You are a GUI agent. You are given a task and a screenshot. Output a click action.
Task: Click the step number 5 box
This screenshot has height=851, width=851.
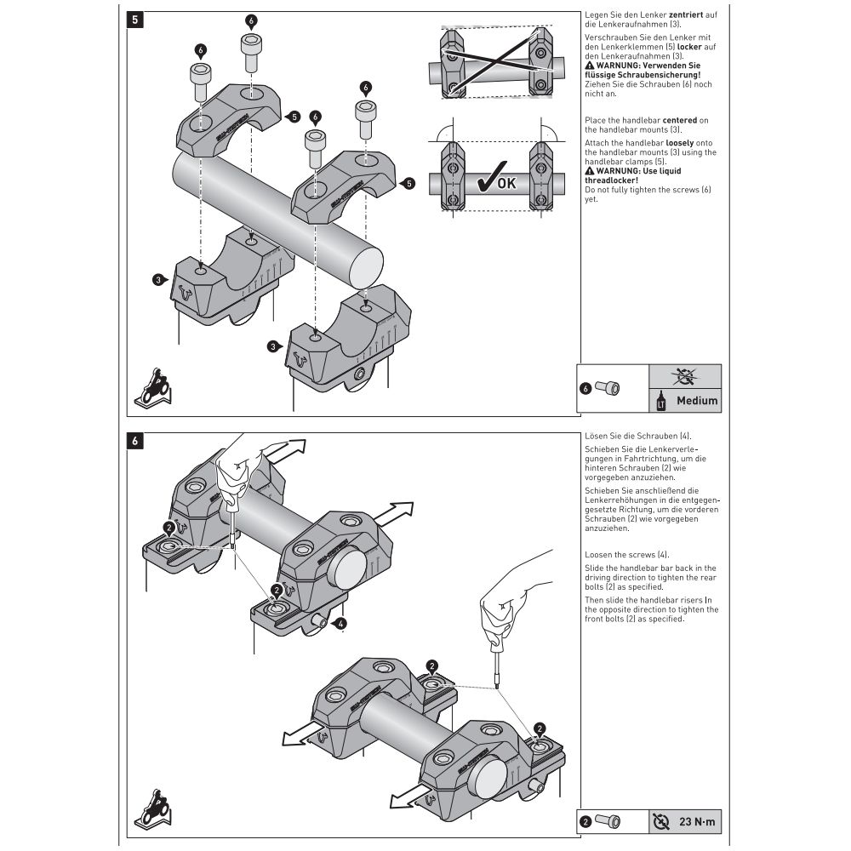click(x=133, y=18)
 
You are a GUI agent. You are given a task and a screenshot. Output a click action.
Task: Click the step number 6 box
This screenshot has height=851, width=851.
click(x=133, y=440)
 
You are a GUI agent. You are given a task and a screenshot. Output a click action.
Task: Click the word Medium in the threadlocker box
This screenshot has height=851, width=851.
click(x=696, y=400)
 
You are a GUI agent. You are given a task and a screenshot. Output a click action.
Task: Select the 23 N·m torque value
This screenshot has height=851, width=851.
click(x=699, y=821)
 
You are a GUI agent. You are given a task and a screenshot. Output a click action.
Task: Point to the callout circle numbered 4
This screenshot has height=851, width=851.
click(x=340, y=624)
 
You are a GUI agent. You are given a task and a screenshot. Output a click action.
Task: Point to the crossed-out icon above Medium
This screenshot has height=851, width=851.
click(x=685, y=375)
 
